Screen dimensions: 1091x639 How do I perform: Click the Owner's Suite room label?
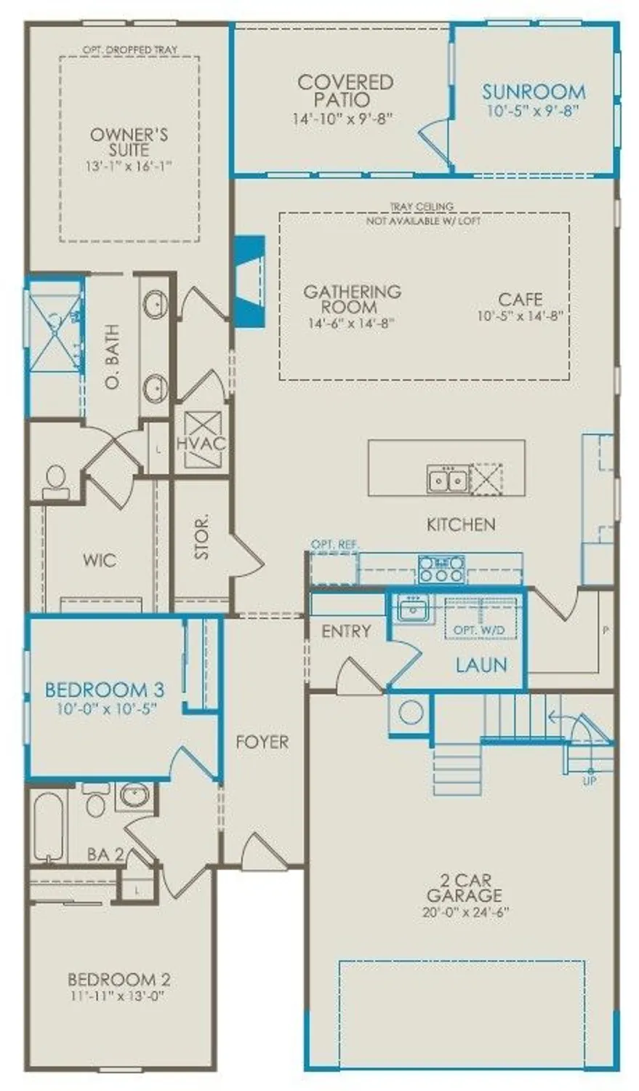(x=129, y=143)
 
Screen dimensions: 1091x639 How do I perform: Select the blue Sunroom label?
(x=534, y=92)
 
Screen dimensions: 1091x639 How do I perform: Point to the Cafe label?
(x=520, y=299)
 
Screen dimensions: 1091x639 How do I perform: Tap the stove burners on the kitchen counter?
(x=441, y=568)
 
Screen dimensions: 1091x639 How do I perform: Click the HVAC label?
(x=201, y=444)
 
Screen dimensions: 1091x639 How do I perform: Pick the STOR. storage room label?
(x=202, y=537)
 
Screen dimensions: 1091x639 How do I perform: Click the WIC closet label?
(x=99, y=560)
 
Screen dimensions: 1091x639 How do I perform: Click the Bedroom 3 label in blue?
(x=104, y=689)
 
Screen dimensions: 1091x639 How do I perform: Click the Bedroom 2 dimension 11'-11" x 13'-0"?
(x=118, y=996)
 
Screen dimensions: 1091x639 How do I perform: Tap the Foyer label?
(x=262, y=742)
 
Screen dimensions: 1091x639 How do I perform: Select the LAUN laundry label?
(x=481, y=664)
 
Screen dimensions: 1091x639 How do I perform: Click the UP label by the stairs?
(x=590, y=780)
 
